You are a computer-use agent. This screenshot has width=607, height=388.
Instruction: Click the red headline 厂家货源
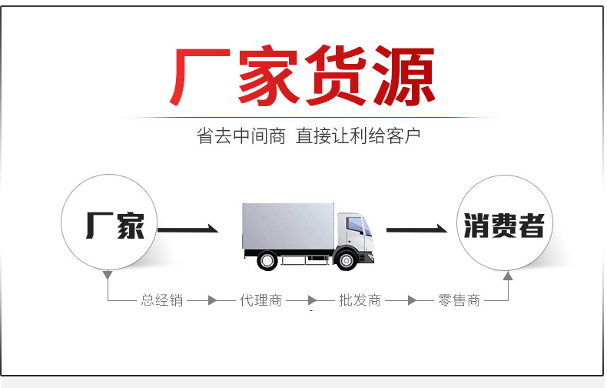(x=302, y=77)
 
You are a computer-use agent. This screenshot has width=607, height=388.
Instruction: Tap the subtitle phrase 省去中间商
(x=240, y=137)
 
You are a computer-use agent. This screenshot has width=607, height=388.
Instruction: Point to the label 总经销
(x=162, y=300)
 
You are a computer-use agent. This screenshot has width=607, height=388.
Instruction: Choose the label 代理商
(x=261, y=300)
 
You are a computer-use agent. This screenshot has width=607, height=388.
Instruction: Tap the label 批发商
(x=360, y=300)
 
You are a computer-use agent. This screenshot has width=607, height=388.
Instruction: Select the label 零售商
(x=459, y=300)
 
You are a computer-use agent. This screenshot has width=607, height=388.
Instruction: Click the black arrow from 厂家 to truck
(x=188, y=229)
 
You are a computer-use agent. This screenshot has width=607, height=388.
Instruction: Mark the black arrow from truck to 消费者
(x=416, y=229)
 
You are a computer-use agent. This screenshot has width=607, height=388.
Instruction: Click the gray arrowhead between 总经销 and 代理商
(x=213, y=300)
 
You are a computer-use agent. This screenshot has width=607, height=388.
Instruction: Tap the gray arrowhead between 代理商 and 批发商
(x=312, y=300)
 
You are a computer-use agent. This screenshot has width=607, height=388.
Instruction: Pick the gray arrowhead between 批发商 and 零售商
(x=411, y=300)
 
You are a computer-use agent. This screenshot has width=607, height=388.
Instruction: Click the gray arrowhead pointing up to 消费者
(x=507, y=275)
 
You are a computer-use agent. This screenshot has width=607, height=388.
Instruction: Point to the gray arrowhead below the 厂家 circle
(x=108, y=275)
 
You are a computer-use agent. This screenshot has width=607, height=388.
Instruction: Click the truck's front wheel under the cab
(x=347, y=259)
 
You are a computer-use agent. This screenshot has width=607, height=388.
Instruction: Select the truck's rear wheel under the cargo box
(x=267, y=259)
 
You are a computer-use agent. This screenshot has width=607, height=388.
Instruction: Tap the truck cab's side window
(x=355, y=225)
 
